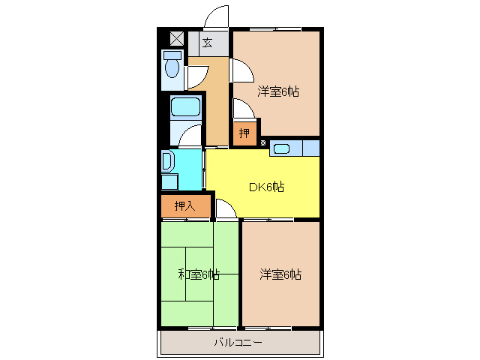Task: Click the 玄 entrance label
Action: coord(207,43)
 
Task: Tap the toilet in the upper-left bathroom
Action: coord(172,70)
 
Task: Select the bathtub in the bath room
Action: coord(185,106)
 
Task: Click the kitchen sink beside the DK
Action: coord(282,148)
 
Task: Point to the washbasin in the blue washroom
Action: coord(167,161)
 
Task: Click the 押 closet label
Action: coord(244,134)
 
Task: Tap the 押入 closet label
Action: coord(184,205)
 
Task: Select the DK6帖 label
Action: coord(266,187)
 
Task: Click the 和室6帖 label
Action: coord(199,274)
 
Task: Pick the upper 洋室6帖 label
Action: coord(279,92)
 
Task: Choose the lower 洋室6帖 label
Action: coord(280,274)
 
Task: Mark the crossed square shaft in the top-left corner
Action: coord(176,38)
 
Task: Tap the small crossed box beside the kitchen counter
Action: coord(262,142)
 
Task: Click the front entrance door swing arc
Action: coord(217,16)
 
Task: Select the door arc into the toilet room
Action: coord(196,76)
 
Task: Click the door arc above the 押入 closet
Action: coord(226,210)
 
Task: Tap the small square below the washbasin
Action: coord(169,181)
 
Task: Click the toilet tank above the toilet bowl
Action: coord(172,55)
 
